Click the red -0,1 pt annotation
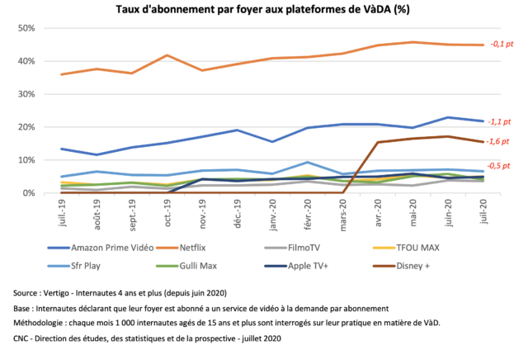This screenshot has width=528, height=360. pyautogui.click(x=501, y=44)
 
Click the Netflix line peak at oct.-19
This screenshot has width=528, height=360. pyautogui.click(x=167, y=55)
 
